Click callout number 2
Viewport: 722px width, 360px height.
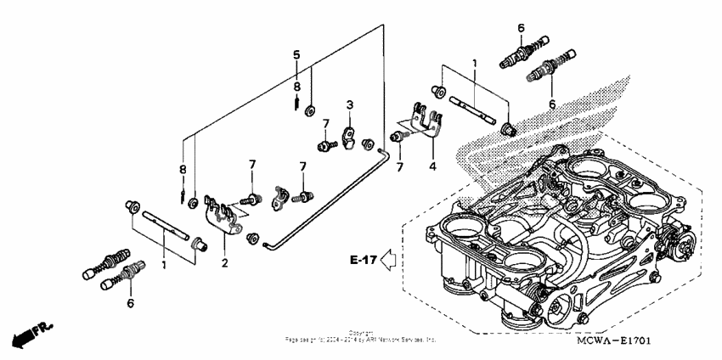(224, 264)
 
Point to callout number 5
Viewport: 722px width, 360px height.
(296, 54)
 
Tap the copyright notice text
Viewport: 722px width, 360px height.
(361, 336)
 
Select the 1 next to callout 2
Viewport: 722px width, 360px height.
(166, 264)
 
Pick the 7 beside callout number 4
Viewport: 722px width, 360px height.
(398, 167)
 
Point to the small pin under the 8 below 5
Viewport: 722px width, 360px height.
(296, 104)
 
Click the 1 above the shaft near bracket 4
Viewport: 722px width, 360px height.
(475, 63)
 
